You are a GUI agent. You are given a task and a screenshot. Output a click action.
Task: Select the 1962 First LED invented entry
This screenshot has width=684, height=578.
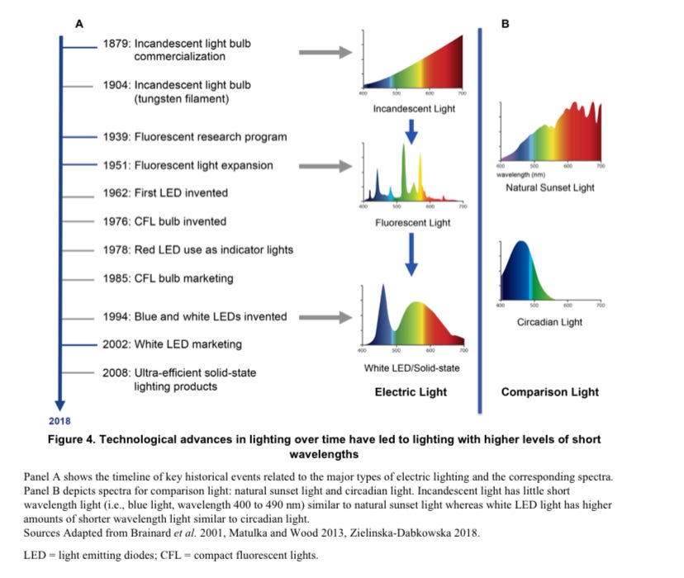[165, 193]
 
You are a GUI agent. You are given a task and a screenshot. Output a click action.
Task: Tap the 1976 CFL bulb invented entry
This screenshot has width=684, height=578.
[164, 221]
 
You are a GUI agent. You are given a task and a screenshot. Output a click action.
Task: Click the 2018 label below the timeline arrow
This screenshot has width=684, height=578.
[59, 421]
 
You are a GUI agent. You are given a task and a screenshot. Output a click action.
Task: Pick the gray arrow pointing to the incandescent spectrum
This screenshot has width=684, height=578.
[325, 54]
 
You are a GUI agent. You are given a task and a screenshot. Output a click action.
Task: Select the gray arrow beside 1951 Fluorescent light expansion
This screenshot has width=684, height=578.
[325, 166]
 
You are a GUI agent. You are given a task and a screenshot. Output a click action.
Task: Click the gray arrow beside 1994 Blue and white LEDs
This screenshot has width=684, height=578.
[325, 317]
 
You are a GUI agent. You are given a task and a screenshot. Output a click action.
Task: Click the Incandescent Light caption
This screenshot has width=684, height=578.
[414, 109]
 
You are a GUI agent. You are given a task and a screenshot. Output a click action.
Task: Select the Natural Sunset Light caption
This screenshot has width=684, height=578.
[549, 188]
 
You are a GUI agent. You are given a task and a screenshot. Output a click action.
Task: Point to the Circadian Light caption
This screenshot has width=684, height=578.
[549, 322]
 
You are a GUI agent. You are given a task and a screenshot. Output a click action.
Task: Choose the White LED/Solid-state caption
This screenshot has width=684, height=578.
[411, 367]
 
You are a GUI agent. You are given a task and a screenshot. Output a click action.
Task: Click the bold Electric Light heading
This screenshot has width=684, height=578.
[411, 392]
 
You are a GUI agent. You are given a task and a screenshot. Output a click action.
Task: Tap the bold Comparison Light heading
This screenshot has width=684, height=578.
[549, 392]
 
